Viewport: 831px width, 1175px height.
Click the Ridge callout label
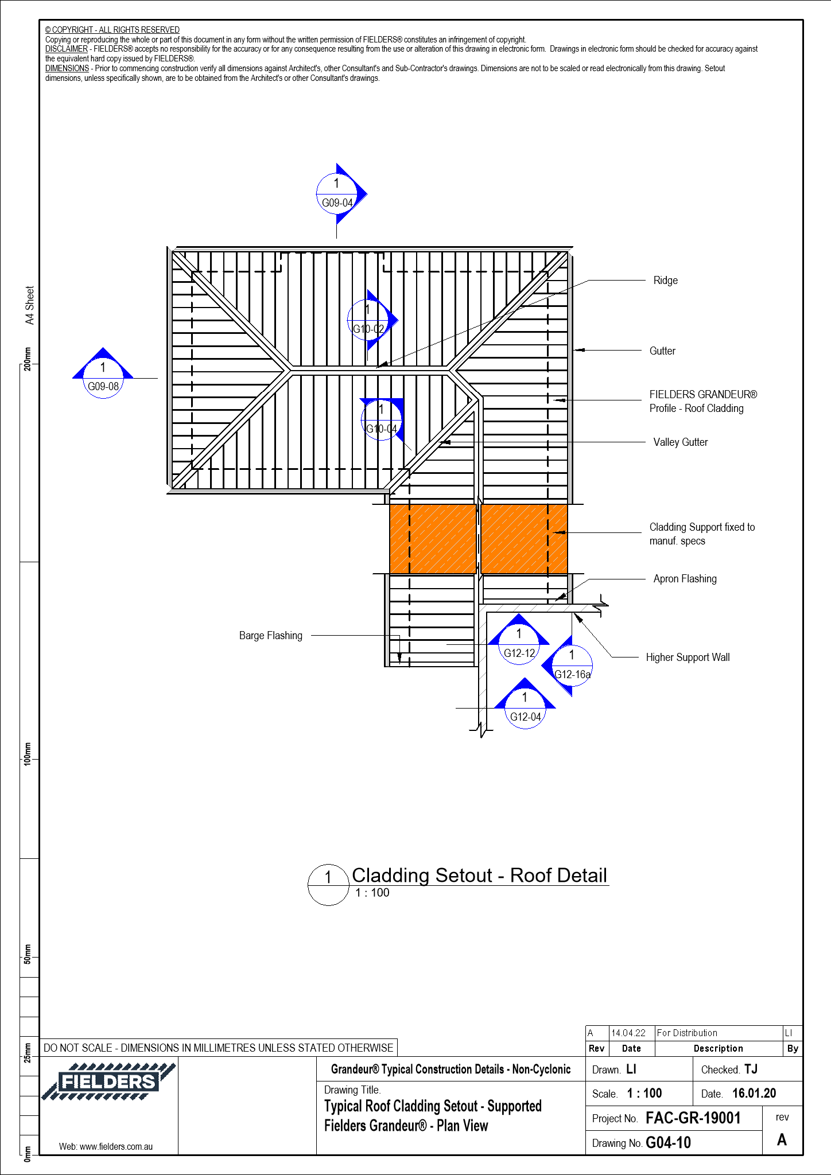pyautogui.click(x=665, y=281)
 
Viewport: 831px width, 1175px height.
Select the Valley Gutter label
pyautogui.click(x=680, y=442)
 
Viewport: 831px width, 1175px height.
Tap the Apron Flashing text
pyautogui.click(x=685, y=579)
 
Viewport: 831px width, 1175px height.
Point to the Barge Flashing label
pyautogui.click(x=270, y=636)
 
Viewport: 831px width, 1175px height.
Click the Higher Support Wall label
pyautogui.click(x=688, y=657)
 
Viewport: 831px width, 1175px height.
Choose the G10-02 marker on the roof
pyautogui.click(x=368, y=320)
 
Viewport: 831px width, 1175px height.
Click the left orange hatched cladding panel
pyautogui.click(x=433, y=539)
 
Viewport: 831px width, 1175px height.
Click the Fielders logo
pyautogui.click(x=108, y=1081)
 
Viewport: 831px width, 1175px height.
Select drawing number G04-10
pyautogui.click(x=668, y=1143)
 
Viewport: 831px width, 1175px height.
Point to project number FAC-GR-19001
pyautogui.click(x=693, y=1118)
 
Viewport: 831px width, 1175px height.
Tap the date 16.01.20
pyautogui.click(x=754, y=1094)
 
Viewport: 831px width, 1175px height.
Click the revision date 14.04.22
pyautogui.click(x=628, y=1033)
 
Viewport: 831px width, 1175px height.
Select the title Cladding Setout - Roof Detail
pyautogui.click(x=479, y=876)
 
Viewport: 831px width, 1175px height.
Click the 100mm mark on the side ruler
pyautogui.click(x=28, y=753)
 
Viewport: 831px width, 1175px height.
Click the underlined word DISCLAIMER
pyautogui.click(x=67, y=49)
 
